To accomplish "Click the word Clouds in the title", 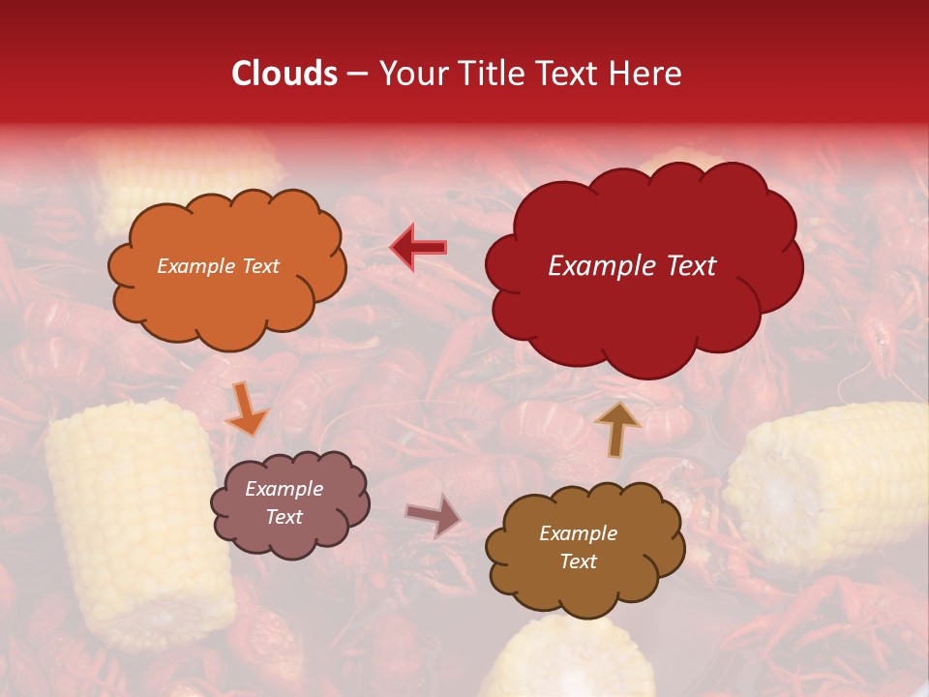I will [x=285, y=74].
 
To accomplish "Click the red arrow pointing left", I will [x=418, y=247].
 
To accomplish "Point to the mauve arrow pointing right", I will [x=434, y=516].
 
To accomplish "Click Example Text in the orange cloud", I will [x=218, y=266].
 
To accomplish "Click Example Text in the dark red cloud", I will [x=632, y=266].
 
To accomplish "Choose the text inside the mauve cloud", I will [x=285, y=502].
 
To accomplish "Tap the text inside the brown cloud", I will [x=578, y=547].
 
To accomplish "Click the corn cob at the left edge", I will [x=135, y=523].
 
